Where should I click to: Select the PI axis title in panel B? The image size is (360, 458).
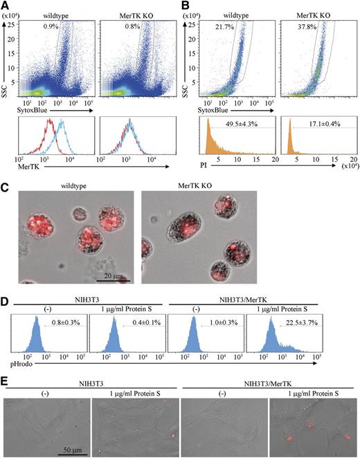click(x=201, y=161)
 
